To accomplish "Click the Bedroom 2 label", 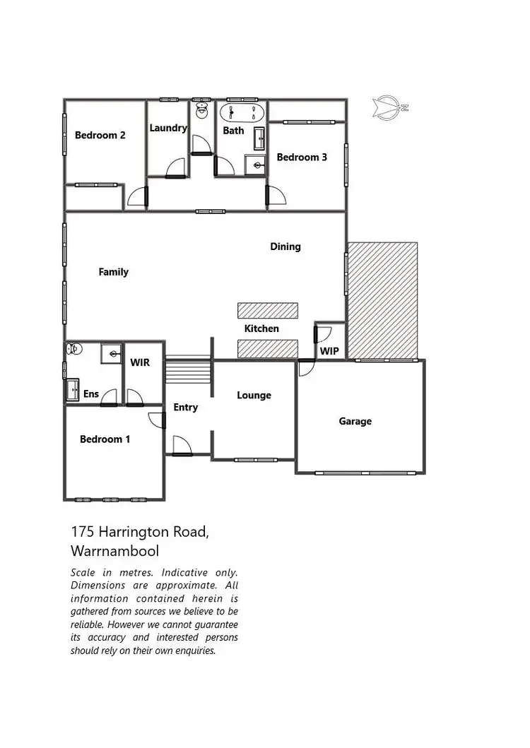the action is (100, 135).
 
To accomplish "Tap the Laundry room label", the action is (168, 128).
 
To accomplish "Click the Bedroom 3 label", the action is (302, 157).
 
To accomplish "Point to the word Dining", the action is (285, 247).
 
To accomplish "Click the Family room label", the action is (114, 272).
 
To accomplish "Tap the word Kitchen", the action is (261, 328).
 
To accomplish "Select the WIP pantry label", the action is (329, 350).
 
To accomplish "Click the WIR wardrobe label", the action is (140, 362).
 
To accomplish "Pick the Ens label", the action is (91, 394).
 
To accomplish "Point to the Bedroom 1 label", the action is (105, 439).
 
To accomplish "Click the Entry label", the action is (186, 408).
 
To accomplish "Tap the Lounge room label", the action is (254, 396).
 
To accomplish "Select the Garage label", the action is (355, 422).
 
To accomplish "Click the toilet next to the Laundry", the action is (201, 109).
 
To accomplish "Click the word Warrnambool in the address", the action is (115, 551).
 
